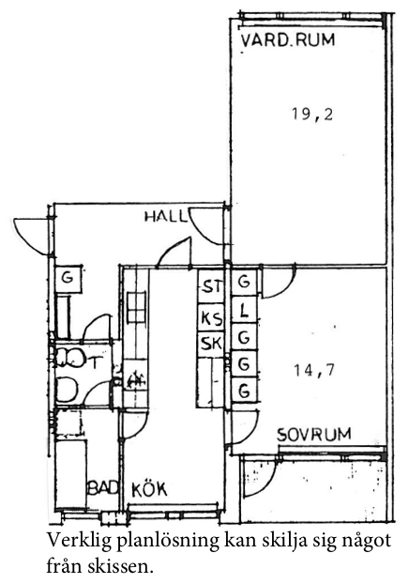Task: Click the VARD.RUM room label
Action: click(288, 39)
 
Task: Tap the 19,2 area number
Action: click(312, 115)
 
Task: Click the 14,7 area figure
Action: click(314, 371)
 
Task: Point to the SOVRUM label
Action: click(314, 435)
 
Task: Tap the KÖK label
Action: click(149, 489)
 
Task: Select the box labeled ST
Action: click(211, 286)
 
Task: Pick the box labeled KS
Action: click(211, 317)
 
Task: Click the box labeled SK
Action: click(211, 344)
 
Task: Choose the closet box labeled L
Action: click(244, 310)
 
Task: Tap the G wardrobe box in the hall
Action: click(68, 279)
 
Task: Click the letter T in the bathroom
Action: click(96, 362)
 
